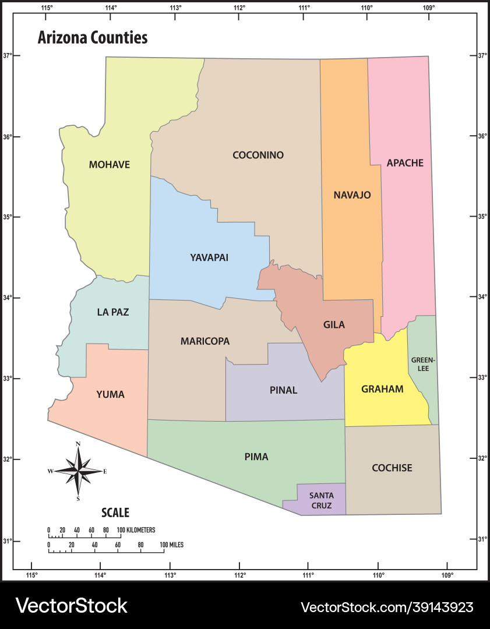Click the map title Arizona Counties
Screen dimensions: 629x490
pyautogui.click(x=93, y=38)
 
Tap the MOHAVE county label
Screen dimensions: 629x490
pyautogui.click(x=110, y=165)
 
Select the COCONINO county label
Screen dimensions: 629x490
pyautogui.click(x=258, y=155)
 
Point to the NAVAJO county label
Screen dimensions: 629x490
pyautogui.click(x=352, y=195)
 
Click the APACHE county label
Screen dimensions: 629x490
pyautogui.click(x=405, y=163)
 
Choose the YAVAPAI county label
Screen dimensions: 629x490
pyautogui.click(x=209, y=257)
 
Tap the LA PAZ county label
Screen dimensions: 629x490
pyautogui.click(x=113, y=312)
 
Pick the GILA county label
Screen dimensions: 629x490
pyautogui.click(x=334, y=325)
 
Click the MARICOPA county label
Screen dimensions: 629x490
pyautogui.click(x=205, y=341)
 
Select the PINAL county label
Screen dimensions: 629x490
pyautogui.click(x=283, y=390)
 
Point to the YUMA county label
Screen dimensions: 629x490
pyautogui.click(x=110, y=394)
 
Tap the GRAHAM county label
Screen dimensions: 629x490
pyautogui.click(x=382, y=389)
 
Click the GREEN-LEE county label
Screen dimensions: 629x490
pyautogui.click(x=423, y=364)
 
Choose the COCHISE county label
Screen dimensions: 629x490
pyautogui.click(x=392, y=468)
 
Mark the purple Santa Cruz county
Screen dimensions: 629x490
pyautogui.click(x=321, y=500)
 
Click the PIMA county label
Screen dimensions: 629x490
pyautogui.click(x=256, y=457)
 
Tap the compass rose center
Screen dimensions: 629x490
pyautogui.click(x=78, y=471)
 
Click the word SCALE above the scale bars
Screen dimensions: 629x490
pyautogui.click(x=115, y=513)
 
